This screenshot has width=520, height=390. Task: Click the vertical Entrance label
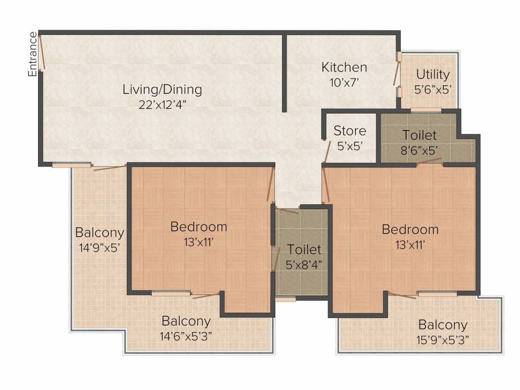click(x=32, y=54)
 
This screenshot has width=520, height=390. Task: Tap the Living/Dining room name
click(x=162, y=90)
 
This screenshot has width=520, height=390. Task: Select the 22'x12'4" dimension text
click(x=162, y=105)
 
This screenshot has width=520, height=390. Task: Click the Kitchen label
click(x=344, y=67)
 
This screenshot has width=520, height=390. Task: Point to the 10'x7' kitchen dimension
click(x=344, y=82)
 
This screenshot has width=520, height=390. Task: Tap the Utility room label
click(x=433, y=75)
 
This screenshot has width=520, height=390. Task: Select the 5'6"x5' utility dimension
click(x=433, y=89)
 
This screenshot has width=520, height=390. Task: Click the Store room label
click(x=349, y=131)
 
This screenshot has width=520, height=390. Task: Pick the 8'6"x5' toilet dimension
click(x=419, y=150)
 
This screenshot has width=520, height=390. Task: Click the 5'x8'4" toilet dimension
click(x=304, y=264)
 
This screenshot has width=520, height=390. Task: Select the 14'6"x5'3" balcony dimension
click(x=186, y=336)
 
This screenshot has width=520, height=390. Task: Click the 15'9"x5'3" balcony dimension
click(x=443, y=339)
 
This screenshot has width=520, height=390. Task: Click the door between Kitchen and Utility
click(x=397, y=74)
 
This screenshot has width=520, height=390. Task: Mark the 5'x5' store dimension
click(x=349, y=145)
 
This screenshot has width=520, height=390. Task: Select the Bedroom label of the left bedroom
click(x=199, y=226)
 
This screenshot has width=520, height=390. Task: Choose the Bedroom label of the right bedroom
click(x=410, y=230)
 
